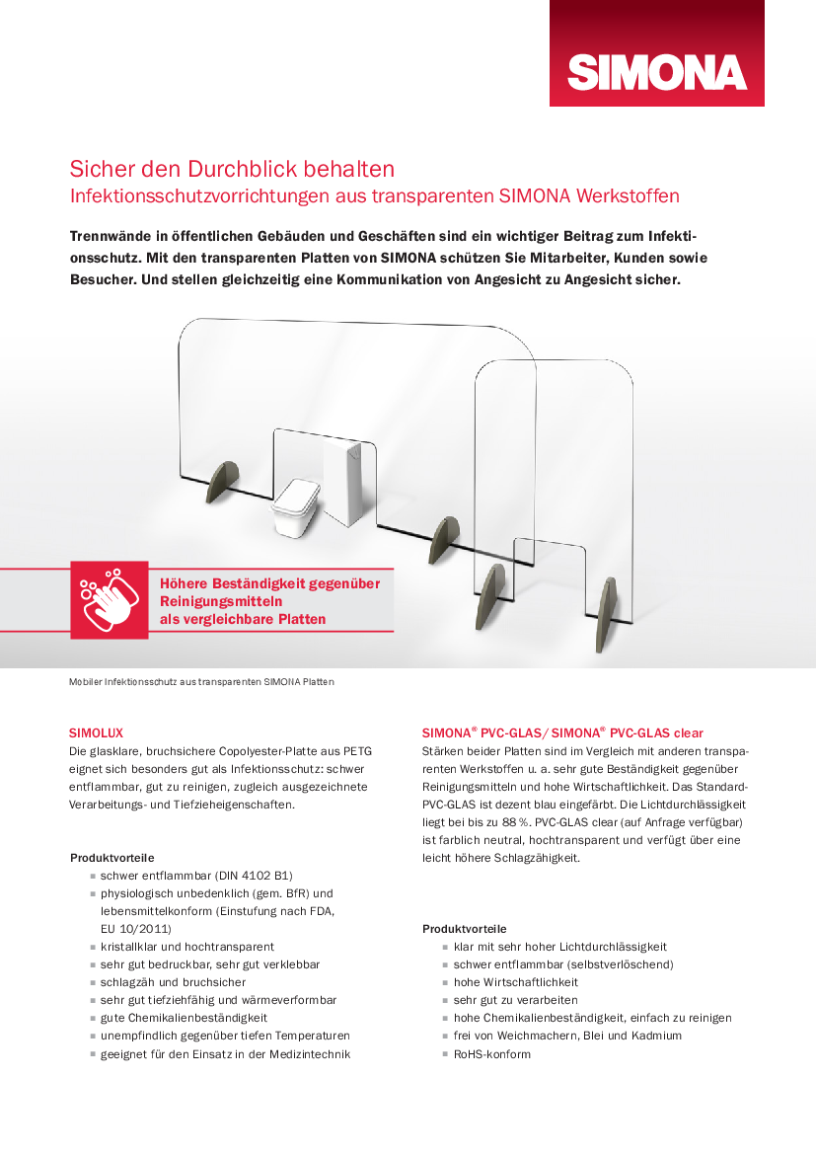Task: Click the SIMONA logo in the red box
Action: pos(656,72)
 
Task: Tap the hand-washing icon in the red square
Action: pos(109,599)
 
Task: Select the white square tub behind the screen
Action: pos(294,507)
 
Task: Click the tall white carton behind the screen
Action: pos(344,484)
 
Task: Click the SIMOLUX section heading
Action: pos(96,732)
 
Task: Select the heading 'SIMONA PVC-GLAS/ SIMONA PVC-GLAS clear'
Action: pos(562,732)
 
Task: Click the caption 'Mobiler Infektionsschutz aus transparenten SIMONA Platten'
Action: pos(201,682)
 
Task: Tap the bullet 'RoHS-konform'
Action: pos(491,1054)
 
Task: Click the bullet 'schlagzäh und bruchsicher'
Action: pos(173,982)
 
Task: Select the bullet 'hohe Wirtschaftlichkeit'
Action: pos(515,982)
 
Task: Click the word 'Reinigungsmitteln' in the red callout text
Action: pos(221,601)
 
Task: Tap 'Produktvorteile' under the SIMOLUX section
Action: pos(111,858)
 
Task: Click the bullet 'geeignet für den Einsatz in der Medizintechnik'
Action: pos(225,1054)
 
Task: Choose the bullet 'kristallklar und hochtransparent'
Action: pos(186,947)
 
